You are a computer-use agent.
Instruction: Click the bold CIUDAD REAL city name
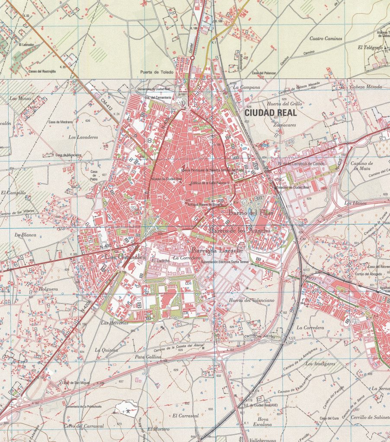[x=270, y=113]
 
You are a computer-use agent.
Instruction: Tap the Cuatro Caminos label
[x=326, y=38]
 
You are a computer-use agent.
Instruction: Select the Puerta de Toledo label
[x=156, y=72]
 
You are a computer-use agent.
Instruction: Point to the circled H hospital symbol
[x=150, y=141]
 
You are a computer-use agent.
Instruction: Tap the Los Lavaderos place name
[x=83, y=137]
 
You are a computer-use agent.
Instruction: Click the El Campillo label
[x=13, y=193]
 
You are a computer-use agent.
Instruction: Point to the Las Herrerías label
[x=115, y=322]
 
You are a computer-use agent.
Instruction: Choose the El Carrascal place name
[x=185, y=416]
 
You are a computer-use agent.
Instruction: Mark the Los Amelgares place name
[x=320, y=364]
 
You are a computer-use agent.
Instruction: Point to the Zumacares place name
[x=285, y=124]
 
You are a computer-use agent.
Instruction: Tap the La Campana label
[x=246, y=87]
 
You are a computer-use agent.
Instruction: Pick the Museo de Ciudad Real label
[x=165, y=179]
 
